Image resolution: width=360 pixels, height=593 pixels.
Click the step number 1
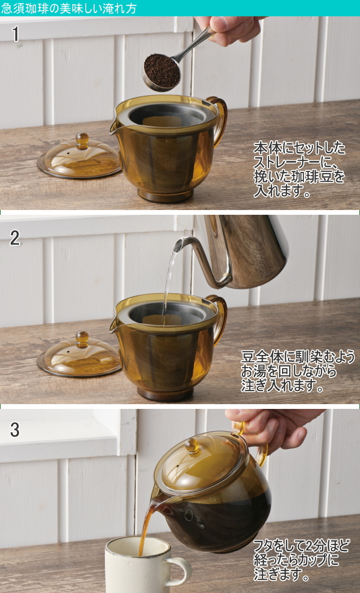coord(15,34)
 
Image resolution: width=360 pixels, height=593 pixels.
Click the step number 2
coord(15,238)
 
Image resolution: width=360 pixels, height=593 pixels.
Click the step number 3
coord(15,430)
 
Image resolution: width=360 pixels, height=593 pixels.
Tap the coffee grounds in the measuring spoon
coord(161,70)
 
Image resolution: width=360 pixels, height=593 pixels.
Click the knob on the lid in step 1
coord(82,140)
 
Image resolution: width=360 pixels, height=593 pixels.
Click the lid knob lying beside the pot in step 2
coord(82,338)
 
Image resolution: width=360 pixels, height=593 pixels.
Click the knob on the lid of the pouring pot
coord(192,446)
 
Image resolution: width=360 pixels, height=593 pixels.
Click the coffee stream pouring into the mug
coord(146,527)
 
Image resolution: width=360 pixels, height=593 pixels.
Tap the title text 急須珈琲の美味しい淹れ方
coord(68,8)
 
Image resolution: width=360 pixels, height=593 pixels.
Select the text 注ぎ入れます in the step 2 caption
coord(278,386)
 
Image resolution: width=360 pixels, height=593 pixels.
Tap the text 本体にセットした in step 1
coord(299,148)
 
